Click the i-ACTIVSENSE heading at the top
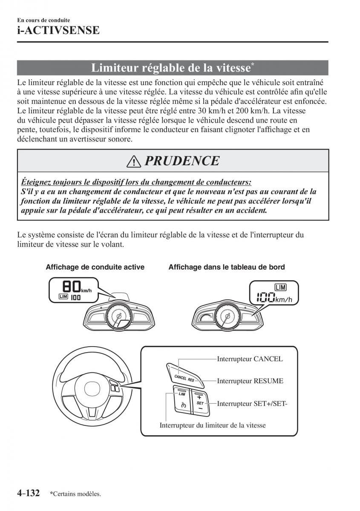[x=58, y=30]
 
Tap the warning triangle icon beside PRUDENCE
[x=133, y=161]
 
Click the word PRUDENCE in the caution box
[x=182, y=161]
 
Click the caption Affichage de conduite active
[x=95, y=267]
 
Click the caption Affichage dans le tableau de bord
[x=227, y=267]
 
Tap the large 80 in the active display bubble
[x=72, y=287]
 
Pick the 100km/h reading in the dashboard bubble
[x=274, y=298]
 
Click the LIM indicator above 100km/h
[x=281, y=287]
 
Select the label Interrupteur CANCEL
[x=250, y=359]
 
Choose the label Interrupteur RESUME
[x=250, y=381]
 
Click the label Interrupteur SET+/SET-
[x=252, y=404]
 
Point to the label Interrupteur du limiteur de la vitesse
[x=213, y=425]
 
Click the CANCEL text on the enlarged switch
[x=180, y=377]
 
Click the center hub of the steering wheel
[x=92, y=388]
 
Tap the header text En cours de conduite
[x=43, y=20]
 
